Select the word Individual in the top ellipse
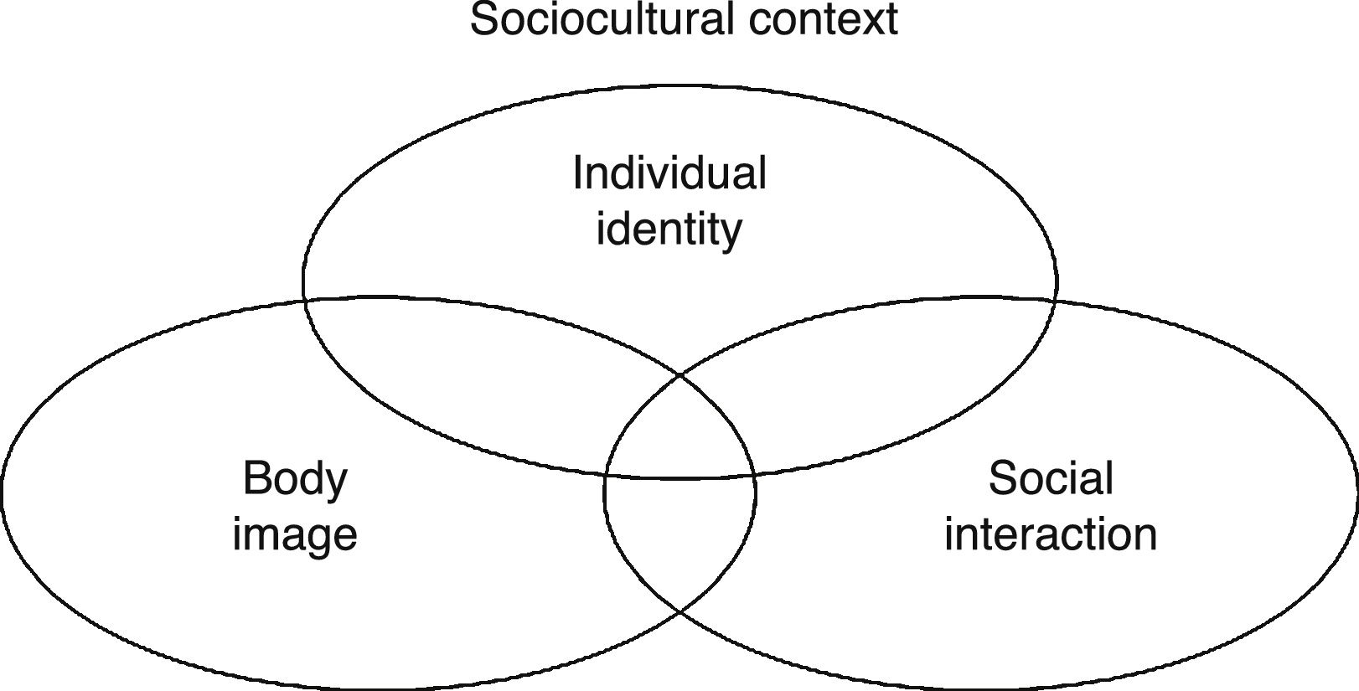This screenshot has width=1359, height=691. tap(669, 173)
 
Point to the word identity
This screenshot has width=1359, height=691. tap(669, 229)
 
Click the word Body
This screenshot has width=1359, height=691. tap(295, 480)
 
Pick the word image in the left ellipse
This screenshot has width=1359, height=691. tap(295, 534)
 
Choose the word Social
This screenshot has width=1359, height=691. tap(1051, 478)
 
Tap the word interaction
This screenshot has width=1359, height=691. tap(1051, 534)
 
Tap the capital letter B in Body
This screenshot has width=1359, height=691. tap(254, 478)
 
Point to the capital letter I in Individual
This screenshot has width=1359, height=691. tap(577, 173)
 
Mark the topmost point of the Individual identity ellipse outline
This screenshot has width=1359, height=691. tap(680, 85)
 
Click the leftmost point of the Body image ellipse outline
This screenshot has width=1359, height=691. tap(3, 492)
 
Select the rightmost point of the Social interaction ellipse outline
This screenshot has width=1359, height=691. tap(1356, 492)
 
